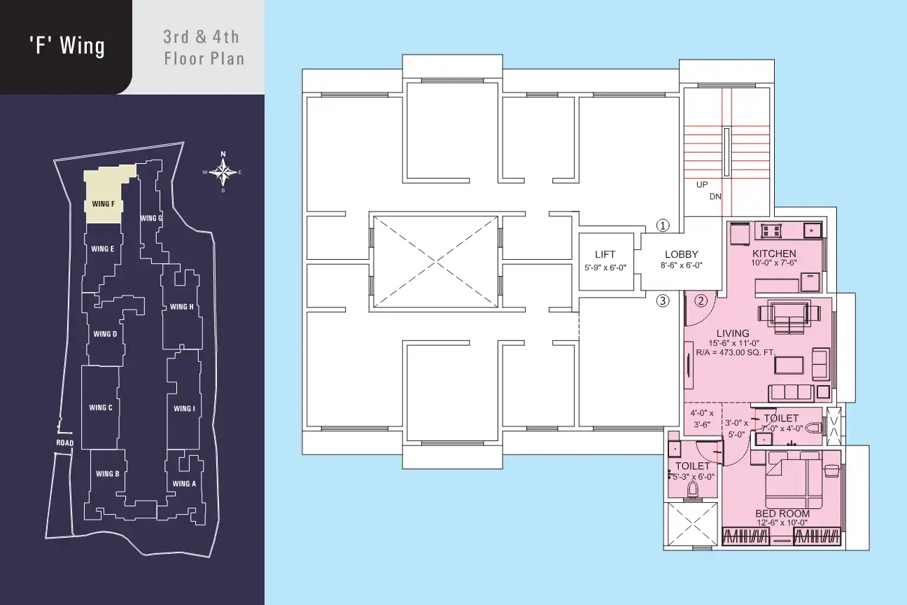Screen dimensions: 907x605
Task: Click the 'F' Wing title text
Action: [66, 46]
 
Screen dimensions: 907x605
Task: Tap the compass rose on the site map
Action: [223, 172]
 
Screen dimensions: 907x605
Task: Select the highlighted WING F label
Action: [104, 204]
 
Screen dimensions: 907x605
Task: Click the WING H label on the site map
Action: [181, 307]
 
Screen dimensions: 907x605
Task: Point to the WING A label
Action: [184, 483]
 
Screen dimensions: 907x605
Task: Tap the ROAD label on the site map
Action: [65, 443]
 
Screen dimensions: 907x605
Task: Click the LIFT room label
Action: [605, 254]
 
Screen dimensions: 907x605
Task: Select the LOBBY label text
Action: [682, 254]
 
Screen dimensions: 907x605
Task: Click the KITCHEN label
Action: [774, 253]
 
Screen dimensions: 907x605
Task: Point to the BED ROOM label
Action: [782, 513]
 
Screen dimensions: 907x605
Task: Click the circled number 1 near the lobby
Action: [663, 225]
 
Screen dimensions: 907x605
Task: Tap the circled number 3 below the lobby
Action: [663, 300]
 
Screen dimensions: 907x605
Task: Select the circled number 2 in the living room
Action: [701, 300]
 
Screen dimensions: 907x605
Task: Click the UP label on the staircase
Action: [702, 185]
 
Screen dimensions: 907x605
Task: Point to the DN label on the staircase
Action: [715, 197]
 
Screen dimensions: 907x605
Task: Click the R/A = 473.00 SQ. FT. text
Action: [736, 352]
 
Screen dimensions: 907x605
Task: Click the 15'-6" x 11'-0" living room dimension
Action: [733, 343]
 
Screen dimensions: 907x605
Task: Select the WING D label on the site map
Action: [105, 334]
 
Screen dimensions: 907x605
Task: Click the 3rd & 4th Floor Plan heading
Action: [204, 48]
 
